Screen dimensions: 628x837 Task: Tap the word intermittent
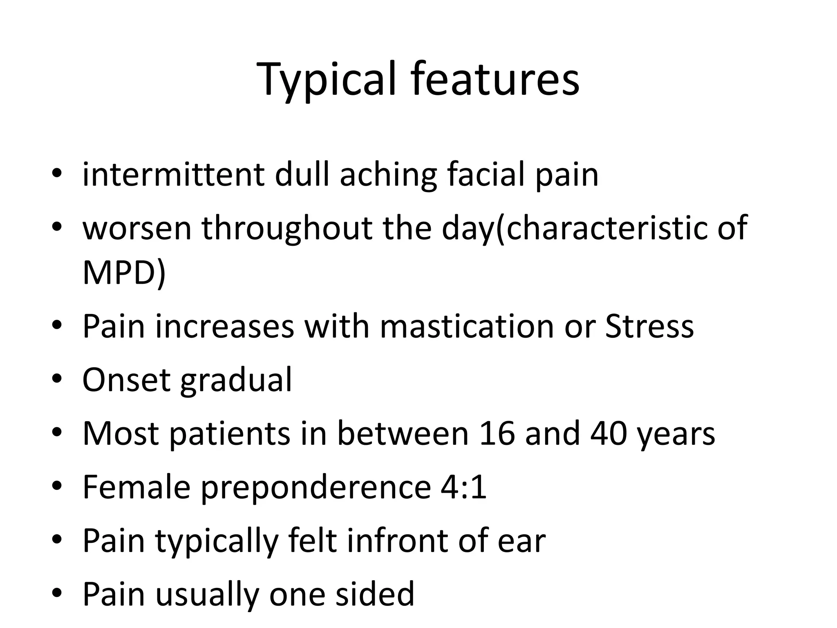click(x=173, y=175)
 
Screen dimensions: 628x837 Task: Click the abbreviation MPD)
click(x=124, y=274)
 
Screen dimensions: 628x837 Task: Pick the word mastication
click(x=466, y=327)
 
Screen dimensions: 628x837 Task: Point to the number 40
click(x=609, y=434)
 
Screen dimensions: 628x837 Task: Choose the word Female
click(x=137, y=487)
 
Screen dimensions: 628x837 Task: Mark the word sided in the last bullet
click(x=375, y=594)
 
